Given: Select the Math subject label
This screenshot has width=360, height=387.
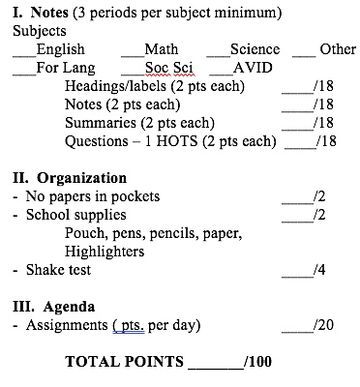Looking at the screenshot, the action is [x=161, y=49].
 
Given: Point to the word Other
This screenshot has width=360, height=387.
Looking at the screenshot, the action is [x=338, y=49].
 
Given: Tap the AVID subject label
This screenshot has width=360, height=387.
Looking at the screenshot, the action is [x=253, y=68].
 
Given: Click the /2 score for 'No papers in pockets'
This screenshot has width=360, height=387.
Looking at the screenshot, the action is [x=320, y=196].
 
